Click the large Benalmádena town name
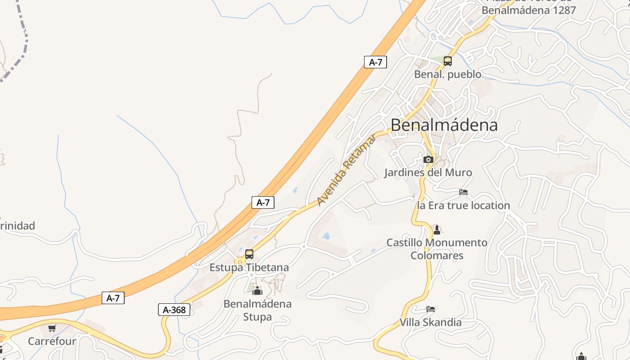[444, 125]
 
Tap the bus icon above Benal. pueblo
[447, 61]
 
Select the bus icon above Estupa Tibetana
[249, 254]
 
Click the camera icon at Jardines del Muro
[428, 159]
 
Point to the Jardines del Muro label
[428, 172]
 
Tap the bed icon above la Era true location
[463, 192]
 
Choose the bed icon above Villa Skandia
[431, 309]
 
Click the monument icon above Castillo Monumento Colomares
[436, 230]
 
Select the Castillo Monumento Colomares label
[436, 249]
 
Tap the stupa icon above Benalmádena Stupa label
[257, 291]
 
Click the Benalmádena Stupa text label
[257, 310]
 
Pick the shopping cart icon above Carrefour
[52, 328]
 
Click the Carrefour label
[52, 341]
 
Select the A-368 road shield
[174, 310]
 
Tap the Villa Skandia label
[431, 322]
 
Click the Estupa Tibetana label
[249, 267]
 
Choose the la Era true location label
[463, 206]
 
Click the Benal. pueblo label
[448, 74]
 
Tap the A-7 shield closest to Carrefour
[113, 298]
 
